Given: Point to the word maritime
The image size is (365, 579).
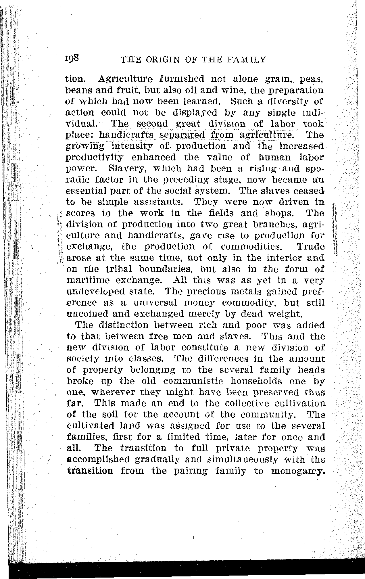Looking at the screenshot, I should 85,280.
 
